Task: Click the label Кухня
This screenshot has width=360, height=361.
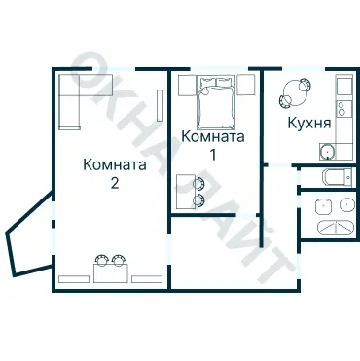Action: [x=308, y=125]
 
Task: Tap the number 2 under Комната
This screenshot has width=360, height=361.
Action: [x=115, y=183]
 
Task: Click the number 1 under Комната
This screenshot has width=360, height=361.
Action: [x=213, y=154]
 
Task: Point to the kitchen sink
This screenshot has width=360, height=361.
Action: [x=327, y=151]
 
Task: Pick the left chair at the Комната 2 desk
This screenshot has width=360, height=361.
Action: [x=100, y=260]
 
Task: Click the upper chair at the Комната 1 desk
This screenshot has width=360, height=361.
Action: [x=200, y=182]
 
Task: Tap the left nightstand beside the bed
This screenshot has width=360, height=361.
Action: [x=184, y=86]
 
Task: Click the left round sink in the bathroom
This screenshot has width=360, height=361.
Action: [x=322, y=205]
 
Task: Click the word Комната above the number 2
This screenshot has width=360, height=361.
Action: [x=115, y=165]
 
